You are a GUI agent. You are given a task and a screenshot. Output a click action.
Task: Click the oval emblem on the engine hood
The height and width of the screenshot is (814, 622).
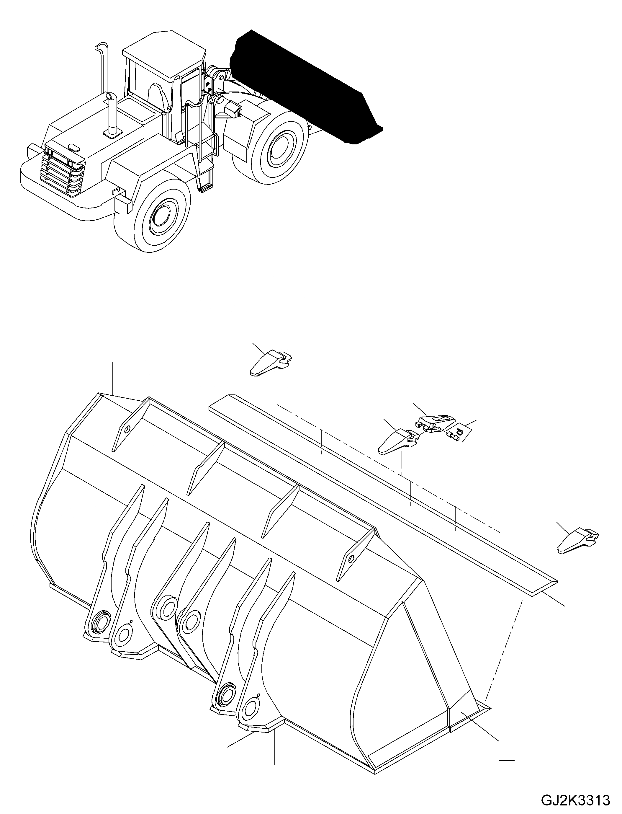74,148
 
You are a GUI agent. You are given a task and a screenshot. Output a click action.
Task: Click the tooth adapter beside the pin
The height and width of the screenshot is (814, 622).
433,423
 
